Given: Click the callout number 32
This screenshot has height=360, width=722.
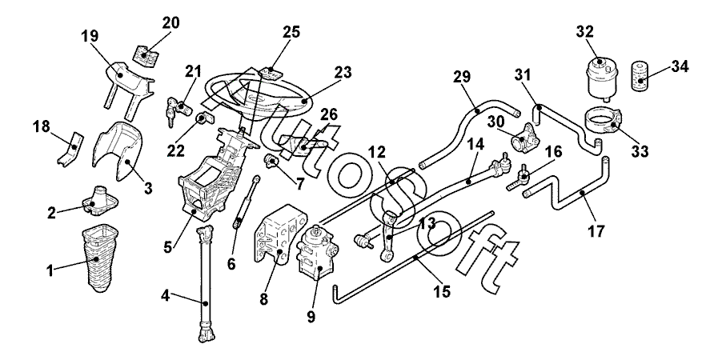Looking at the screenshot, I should coord(584,32).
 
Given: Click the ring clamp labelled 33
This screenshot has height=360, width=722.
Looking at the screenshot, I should coord(605,122).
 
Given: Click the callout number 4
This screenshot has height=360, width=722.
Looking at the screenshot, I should coord(166,296).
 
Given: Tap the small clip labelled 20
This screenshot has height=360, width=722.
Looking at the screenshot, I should coord(146,55).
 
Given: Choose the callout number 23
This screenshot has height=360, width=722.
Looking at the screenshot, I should coord(342,73).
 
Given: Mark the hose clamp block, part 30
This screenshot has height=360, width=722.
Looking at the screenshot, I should coord(524,141).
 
